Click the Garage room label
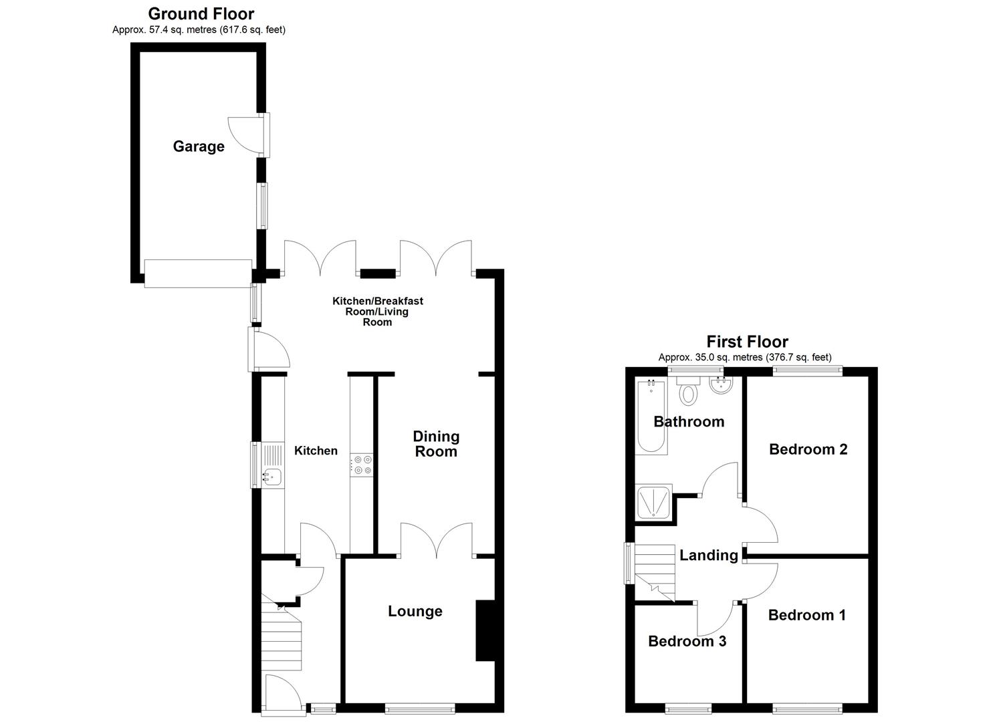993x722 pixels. coord(199,146)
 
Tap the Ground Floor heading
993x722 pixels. coord(201,14)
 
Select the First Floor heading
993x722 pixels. coord(747,342)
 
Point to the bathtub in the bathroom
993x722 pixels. coord(651,416)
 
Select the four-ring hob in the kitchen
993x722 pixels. coord(362,465)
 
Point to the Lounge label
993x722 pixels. coord(415,611)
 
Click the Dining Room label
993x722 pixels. coord(436,444)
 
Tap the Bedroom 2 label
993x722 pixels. coord(808,449)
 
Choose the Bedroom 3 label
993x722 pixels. coord(687,641)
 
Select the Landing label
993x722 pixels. coord(708,555)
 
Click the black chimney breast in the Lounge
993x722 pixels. coord(485,630)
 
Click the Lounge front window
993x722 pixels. coord(420,709)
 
